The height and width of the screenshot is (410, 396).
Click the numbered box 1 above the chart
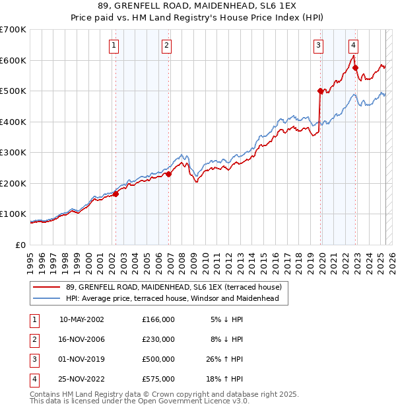pyautogui.click(x=114, y=46)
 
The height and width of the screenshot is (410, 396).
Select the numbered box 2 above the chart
pyautogui.click(x=166, y=46)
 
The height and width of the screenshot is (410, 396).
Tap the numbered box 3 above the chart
pyautogui.click(x=318, y=46)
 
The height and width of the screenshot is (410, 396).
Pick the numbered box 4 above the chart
pyautogui.click(x=354, y=46)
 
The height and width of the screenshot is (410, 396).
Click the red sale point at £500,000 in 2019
pyautogui.click(x=320, y=91)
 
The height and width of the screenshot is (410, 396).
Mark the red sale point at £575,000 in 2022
pyautogui.click(x=356, y=67)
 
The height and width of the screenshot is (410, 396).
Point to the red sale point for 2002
pyautogui.click(x=115, y=194)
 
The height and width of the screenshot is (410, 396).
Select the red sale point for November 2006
pyautogui.click(x=168, y=174)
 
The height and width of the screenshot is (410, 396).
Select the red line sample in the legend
pyautogui.click(x=48, y=288)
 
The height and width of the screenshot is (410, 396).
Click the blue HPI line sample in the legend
pyautogui.click(x=48, y=298)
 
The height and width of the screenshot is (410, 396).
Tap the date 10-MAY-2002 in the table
pyautogui.click(x=82, y=319)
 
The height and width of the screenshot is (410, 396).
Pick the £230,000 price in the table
pyautogui.click(x=158, y=339)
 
